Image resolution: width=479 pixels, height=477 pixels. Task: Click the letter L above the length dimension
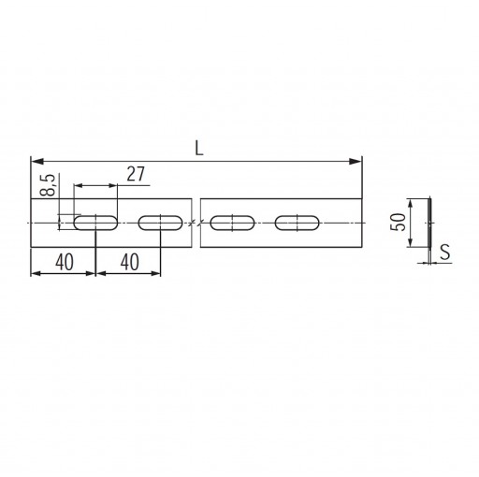(x=199, y=148)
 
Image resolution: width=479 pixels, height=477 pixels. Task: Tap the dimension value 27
(x=136, y=174)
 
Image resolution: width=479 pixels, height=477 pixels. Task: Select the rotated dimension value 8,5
(x=49, y=184)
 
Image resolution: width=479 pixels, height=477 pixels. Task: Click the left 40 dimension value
(x=65, y=262)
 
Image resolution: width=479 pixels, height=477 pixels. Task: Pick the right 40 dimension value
(x=130, y=262)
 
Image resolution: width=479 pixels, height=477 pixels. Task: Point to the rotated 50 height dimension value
(x=399, y=223)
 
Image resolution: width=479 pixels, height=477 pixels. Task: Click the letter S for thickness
(x=445, y=252)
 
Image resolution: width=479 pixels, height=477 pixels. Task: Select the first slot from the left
(x=95, y=223)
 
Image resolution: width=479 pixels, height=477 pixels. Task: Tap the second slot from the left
(x=160, y=223)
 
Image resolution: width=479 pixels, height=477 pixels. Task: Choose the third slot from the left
(x=232, y=223)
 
